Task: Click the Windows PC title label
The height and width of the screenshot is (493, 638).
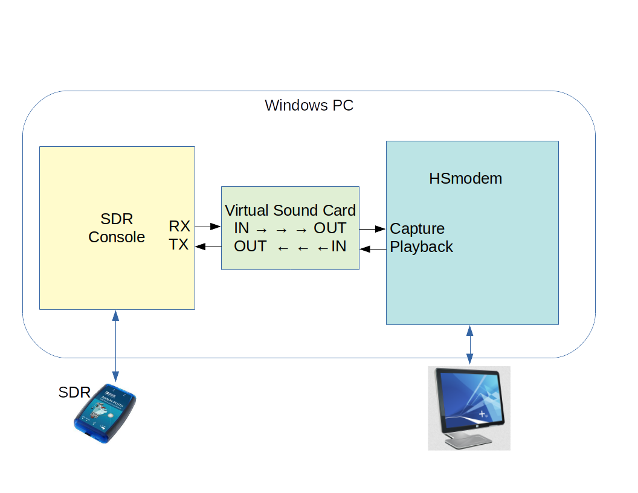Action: point(309,105)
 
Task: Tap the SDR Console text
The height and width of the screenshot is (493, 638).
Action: point(117,228)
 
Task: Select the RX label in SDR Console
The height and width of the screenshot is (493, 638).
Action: point(179,227)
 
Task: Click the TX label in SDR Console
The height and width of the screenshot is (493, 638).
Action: point(179,245)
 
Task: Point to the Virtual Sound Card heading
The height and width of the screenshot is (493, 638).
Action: point(290,210)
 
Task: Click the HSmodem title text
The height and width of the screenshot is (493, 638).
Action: point(466,178)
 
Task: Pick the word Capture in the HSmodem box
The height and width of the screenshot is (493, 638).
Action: point(417,229)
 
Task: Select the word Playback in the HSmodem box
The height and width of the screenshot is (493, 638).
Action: point(422,246)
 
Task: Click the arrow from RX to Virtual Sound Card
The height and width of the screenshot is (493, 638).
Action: point(208,227)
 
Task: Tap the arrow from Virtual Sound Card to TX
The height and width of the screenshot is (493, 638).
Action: point(208,246)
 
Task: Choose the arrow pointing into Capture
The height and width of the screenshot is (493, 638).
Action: point(373,229)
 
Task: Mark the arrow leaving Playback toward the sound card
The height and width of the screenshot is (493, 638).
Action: point(373,248)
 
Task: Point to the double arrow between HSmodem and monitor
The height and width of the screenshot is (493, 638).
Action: point(469,345)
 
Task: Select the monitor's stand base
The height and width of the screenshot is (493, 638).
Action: point(469,443)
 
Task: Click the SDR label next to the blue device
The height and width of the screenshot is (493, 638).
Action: point(74,392)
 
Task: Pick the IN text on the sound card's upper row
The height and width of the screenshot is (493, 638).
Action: point(242,228)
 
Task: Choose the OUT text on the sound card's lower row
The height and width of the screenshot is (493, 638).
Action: point(250,246)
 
